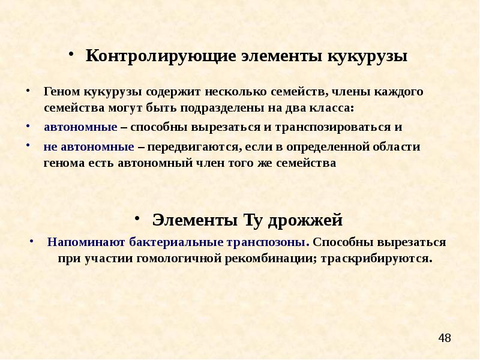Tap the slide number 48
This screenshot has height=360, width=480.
(x=445, y=338)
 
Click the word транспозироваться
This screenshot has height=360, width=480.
(x=337, y=128)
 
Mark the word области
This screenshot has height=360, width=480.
(x=395, y=146)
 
